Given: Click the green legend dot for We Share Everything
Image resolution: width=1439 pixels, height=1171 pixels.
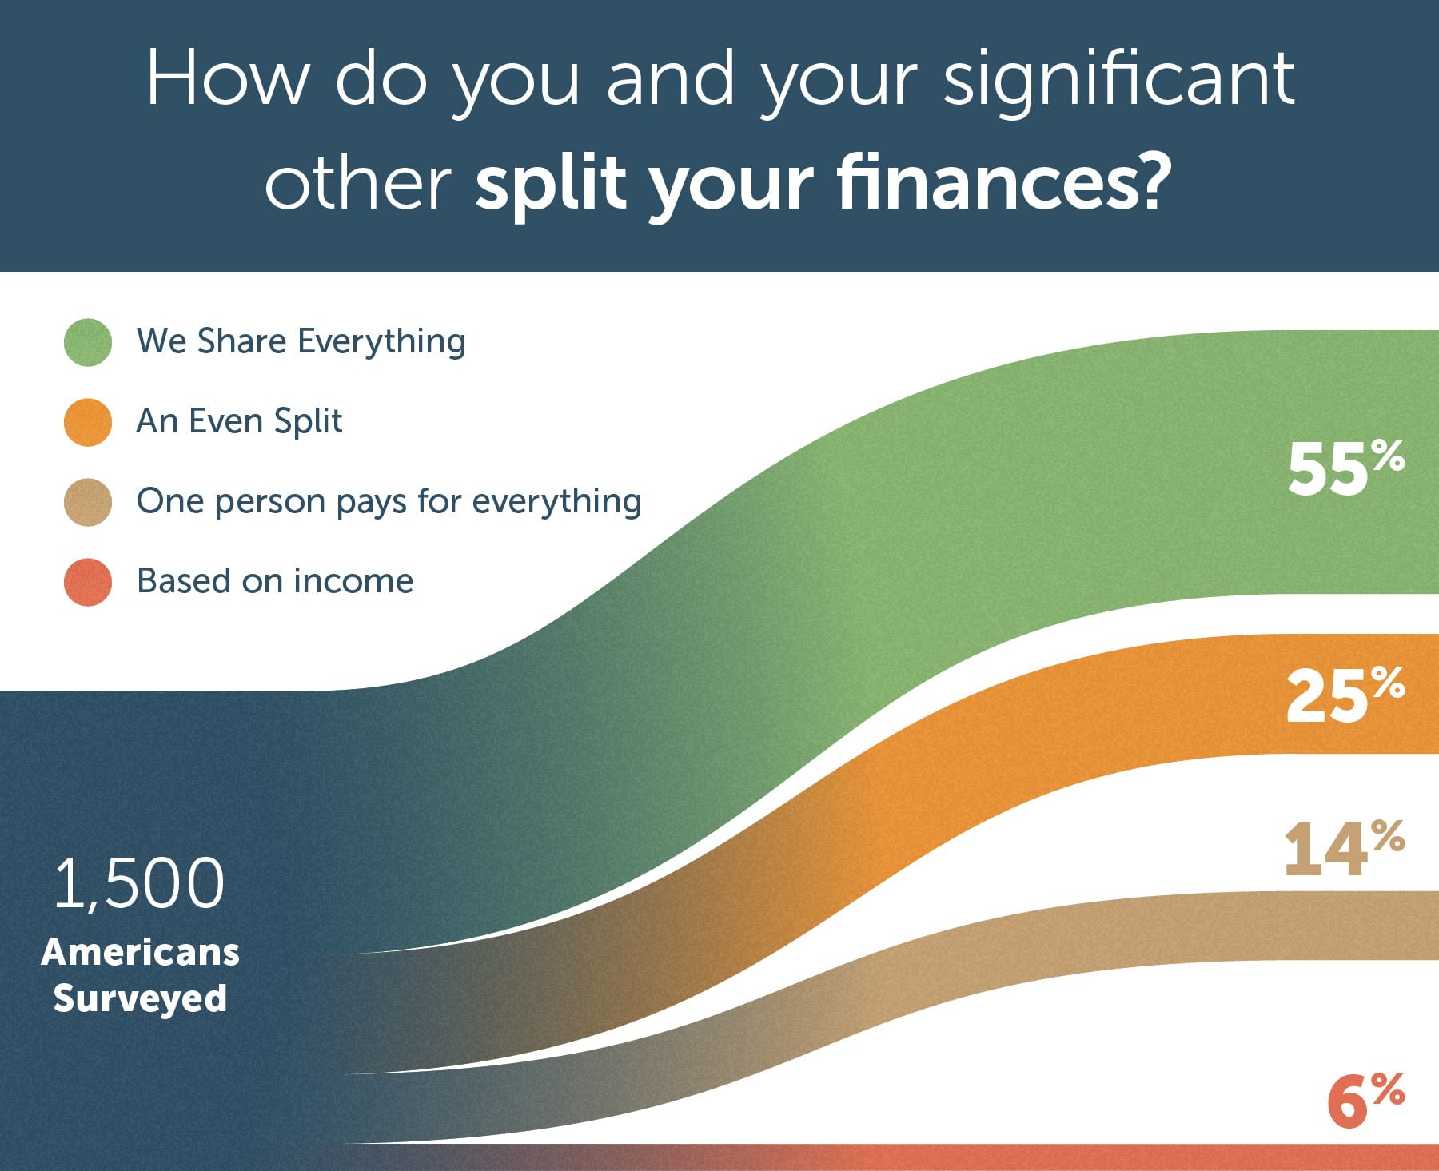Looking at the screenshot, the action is tap(88, 342).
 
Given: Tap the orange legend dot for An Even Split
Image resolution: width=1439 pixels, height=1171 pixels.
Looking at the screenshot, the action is tap(88, 422).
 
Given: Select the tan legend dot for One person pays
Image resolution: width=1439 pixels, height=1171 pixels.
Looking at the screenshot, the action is tap(88, 502).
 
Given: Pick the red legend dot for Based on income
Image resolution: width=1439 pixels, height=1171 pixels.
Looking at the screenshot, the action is tap(88, 582).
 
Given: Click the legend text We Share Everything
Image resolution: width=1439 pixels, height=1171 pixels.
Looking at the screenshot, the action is tap(301, 341).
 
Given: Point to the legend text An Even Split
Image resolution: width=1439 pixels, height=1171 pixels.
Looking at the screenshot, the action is tap(239, 421).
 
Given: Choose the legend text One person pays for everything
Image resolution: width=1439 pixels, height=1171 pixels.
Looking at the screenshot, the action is tap(389, 501).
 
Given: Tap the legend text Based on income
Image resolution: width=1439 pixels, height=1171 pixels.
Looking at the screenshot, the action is tap(275, 580).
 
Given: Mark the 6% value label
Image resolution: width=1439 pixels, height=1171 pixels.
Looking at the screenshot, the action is tap(1366, 1100).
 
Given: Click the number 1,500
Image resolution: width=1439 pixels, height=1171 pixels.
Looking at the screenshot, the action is tap(139, 883).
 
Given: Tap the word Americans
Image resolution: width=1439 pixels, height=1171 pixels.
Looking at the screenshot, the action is tap(140, 952).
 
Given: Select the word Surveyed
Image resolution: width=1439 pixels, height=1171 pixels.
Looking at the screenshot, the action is tap(140, 998).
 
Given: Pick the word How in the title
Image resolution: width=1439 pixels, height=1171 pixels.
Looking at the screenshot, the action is tap(226, 78).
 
